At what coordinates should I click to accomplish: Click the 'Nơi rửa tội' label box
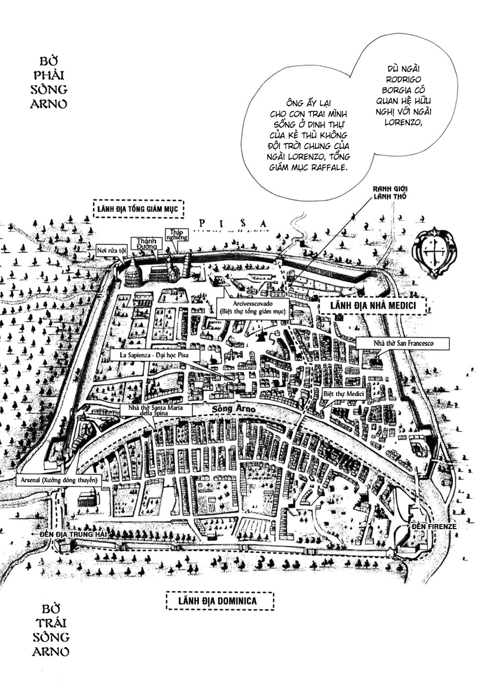(112, 250)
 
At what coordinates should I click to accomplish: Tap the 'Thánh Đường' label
(146, 243)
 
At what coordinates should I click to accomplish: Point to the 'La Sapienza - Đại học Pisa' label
(154, 355)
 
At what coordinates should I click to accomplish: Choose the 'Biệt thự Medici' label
(343, 394)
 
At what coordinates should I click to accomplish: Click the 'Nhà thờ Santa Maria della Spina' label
(156, 410)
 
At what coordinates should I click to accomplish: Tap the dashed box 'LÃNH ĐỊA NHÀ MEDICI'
(373, 305)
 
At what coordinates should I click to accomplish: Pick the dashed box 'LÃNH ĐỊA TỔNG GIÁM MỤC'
(138, 209)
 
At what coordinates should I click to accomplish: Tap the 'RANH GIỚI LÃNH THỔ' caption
(390, 193)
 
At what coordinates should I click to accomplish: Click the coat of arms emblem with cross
(434, 252)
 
